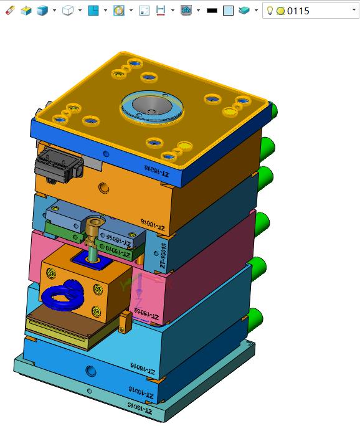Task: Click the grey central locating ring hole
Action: (x=151, y=107)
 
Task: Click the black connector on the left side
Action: (x=59, y=164)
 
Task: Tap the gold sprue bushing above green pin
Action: (x=94, y=229)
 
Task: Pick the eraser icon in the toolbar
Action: (x=9, y=11)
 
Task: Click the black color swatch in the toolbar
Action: (x=212, y=11)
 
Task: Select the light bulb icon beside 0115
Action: (x=270, y=11)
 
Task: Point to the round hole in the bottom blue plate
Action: (x=92, y=372)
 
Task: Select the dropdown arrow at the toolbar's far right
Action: (x=354, y=11)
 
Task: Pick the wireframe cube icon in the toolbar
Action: (x=68, y=11)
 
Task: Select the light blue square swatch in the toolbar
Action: (x=228, y=11)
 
